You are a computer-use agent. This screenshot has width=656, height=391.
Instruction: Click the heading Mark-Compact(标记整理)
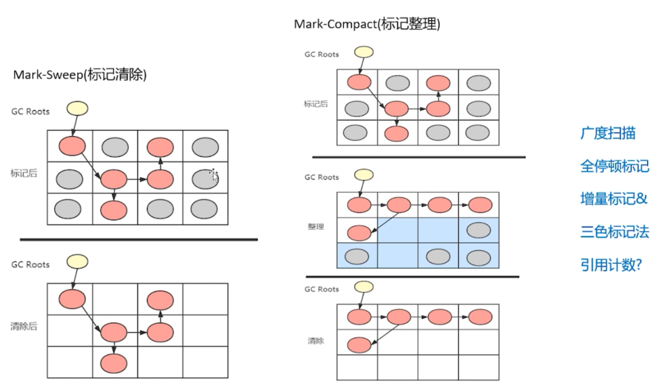(x=367, y=24)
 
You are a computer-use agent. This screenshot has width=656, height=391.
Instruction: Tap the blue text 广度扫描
(x=607, y=133)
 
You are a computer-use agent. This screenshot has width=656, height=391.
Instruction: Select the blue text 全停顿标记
(x=614, y=166)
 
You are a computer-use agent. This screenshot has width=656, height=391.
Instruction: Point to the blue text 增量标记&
(x=613, y=199)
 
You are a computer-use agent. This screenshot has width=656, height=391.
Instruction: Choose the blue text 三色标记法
(x=614, y=232)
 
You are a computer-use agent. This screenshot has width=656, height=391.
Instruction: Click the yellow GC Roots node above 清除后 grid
(x=77, y=261)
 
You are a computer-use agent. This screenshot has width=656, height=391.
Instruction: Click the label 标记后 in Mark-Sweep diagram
(x=24, y=173)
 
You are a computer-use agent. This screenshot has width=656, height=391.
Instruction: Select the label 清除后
(x=24, y=326)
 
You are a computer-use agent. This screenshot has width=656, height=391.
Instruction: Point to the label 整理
(x=315, y=227)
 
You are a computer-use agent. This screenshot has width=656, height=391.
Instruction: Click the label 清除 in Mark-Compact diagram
(x=315, y=341)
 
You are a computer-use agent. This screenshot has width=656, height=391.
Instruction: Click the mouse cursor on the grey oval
(x=214, y=176)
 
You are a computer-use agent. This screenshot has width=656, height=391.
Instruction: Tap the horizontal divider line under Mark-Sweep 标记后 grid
(x=139, y=239)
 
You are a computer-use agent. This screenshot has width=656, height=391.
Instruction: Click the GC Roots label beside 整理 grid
(x=321, y=177)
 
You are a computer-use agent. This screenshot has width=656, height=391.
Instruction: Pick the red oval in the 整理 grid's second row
(x=359, y=233)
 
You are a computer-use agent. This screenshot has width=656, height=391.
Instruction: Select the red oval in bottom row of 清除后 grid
(x=113, y=363)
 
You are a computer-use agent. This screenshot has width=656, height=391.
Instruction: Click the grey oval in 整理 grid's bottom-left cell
(x=357, y=257)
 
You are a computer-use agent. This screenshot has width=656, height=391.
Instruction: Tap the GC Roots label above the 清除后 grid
(x=30, y=264)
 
